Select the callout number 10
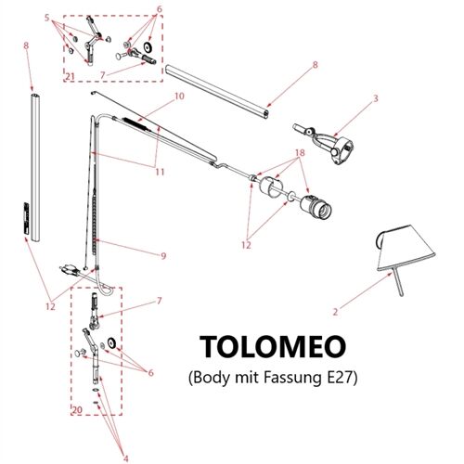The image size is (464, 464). coord(179,96)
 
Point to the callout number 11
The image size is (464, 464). coord(160,173)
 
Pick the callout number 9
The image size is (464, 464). coord(162,256)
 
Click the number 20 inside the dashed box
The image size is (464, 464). coord(78,408)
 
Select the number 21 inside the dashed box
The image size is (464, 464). coord(71,75)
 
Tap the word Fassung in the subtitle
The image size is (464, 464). coord(268,379)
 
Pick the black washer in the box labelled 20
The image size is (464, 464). coord(113,343)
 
